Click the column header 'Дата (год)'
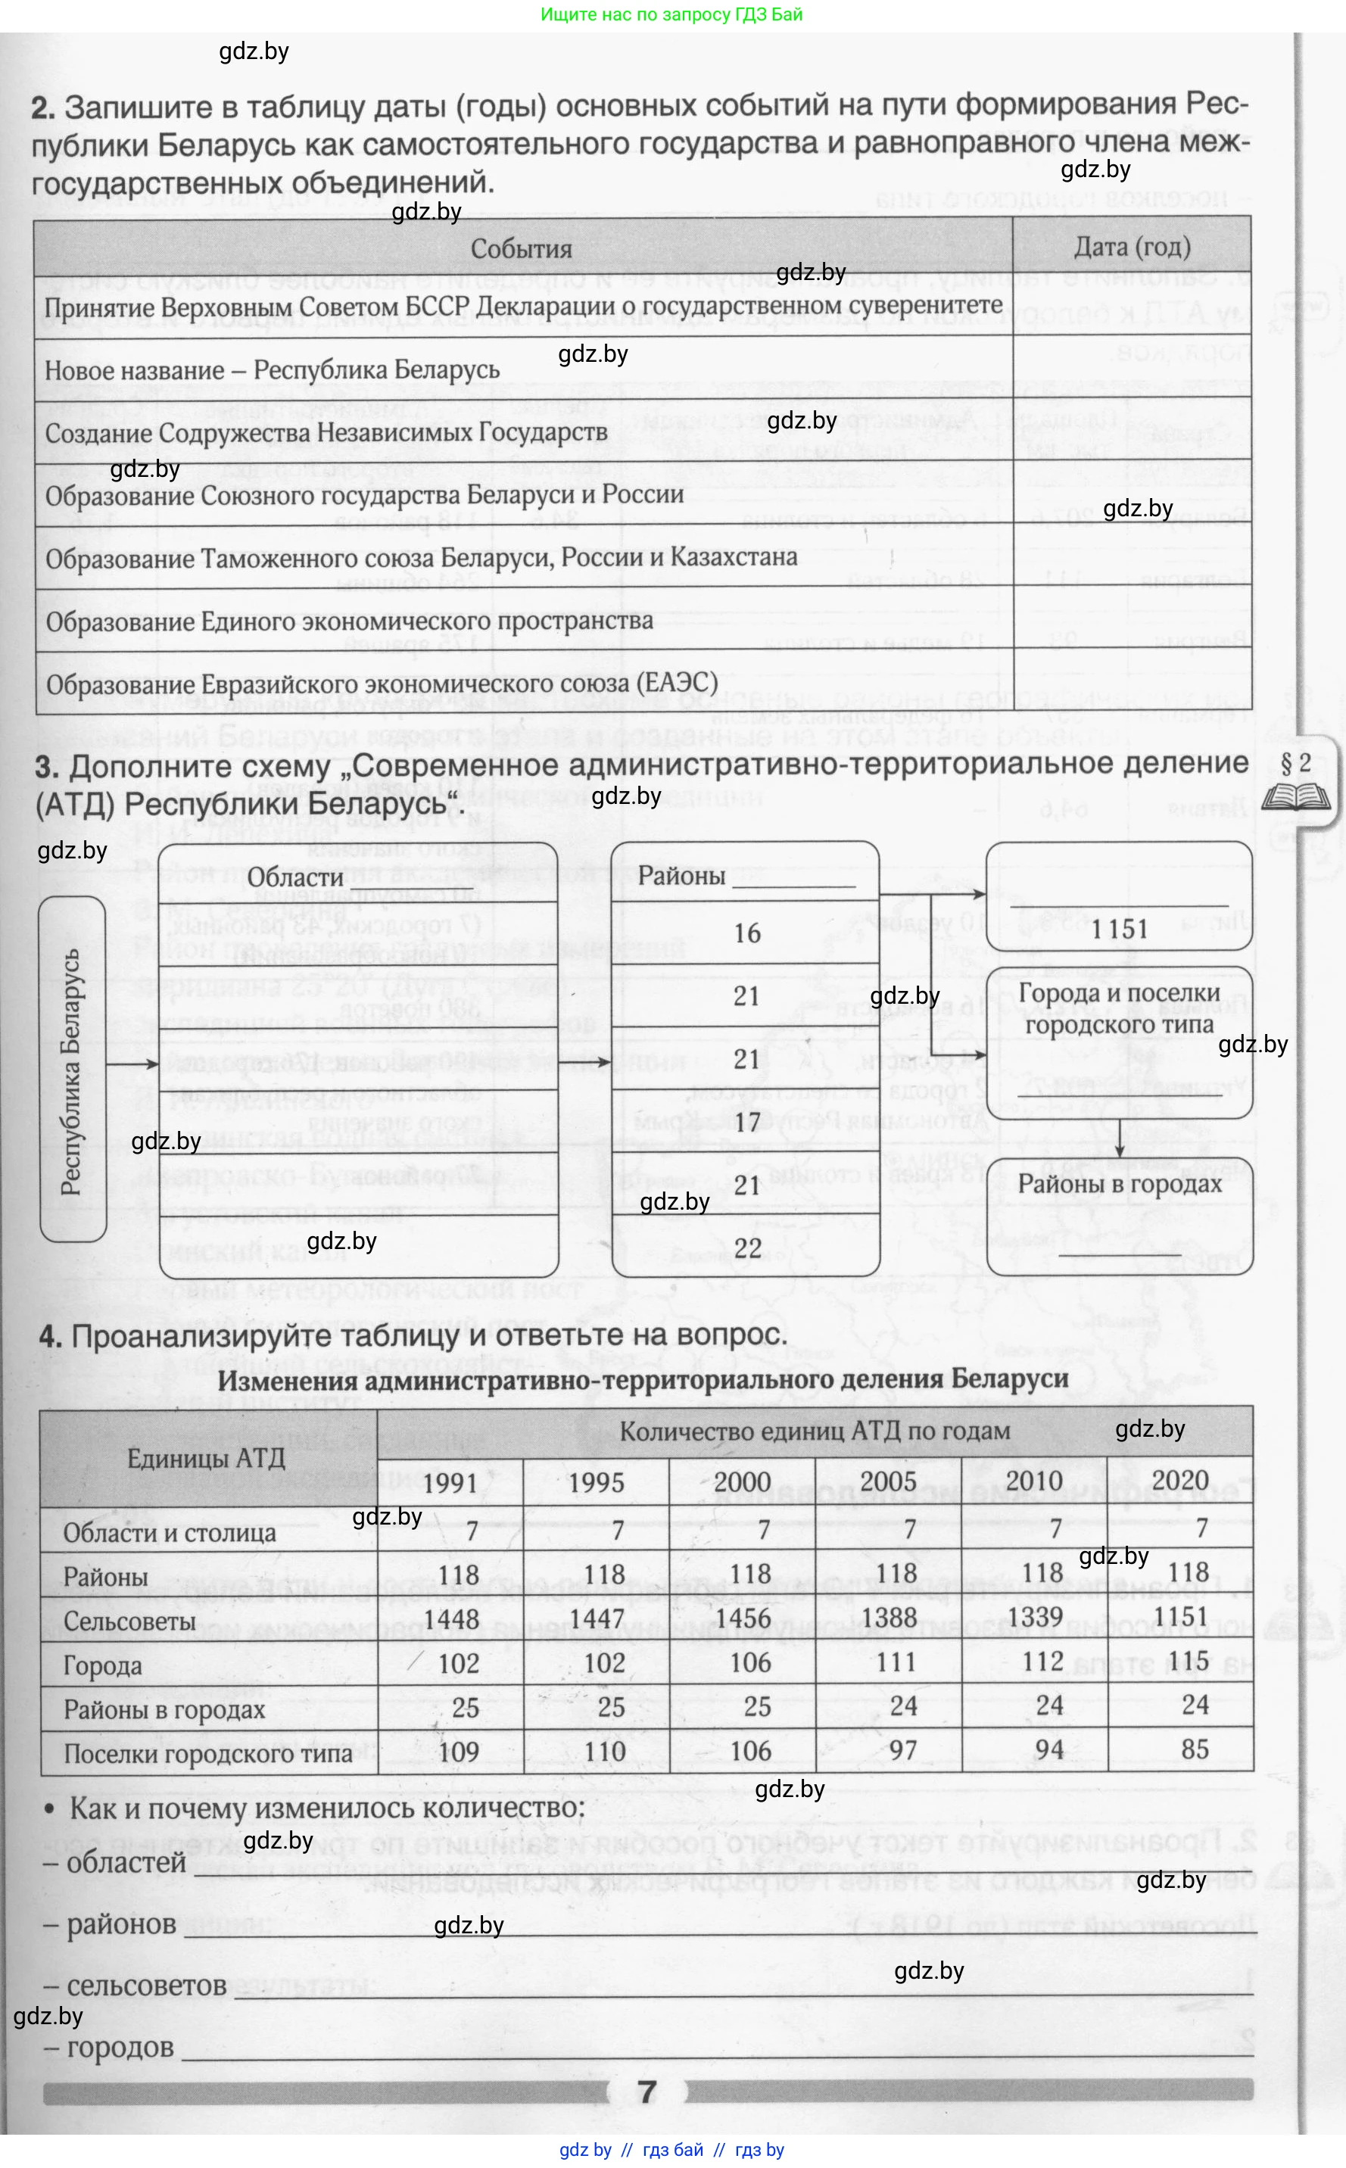[x=1132, y=247]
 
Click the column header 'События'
[x=521, y=249]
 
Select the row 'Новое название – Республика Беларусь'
[x=272, y=370]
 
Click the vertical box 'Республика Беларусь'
[x=72, y=1070]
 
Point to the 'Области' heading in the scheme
[x=294, y=877]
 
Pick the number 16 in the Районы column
[x=747, y=933]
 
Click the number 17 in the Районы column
[x=747, y=1121]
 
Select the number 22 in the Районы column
[x=747, y=1248]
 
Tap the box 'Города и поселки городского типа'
[x=1119, y=1009]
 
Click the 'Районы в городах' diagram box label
[x=1119, y=1185]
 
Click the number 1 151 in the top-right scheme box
[x=1120, y=929]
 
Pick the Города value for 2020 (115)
[x=1188, y=1661]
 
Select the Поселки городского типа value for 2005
[x=902, y=1749]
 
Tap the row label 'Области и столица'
[x=169, y=1533]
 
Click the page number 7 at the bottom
[x=648, y=2092]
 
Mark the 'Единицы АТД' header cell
[x=206, y=1458]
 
